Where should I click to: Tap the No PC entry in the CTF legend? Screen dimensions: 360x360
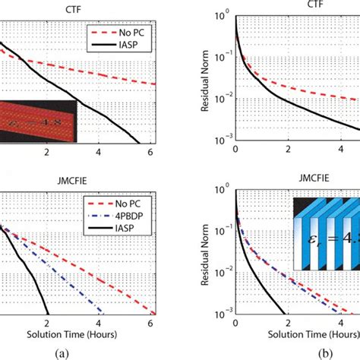click(131, 33)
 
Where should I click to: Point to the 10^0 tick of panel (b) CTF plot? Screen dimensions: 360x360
click(223, 14)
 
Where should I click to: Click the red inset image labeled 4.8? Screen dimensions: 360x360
click(38, 120)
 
